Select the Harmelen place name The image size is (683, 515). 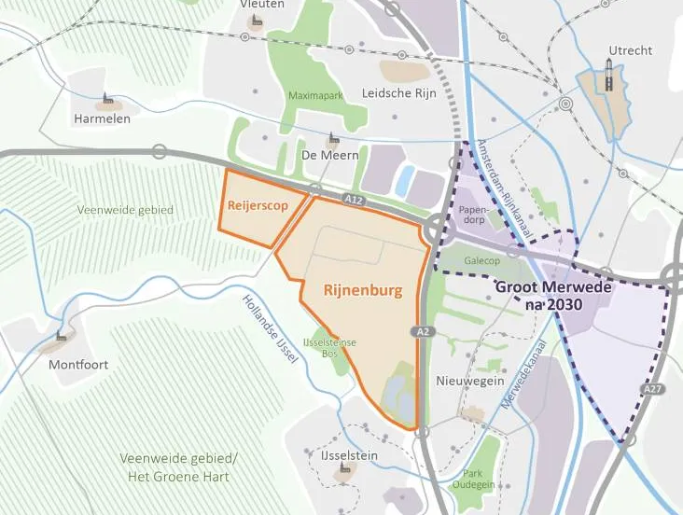coord(102,119)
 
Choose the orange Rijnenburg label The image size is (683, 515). coord(363,290)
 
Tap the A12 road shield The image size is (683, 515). coord(351,199)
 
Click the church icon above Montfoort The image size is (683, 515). coord(61,336)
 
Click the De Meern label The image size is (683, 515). coord(329,155)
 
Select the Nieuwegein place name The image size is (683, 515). coord(470,381)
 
